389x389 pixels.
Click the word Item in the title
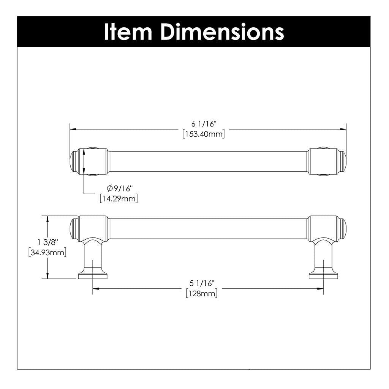coord(128,32)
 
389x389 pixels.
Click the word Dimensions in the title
coord(222,32)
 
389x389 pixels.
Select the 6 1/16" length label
coord(204,124)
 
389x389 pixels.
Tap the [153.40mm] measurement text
coord(204,134)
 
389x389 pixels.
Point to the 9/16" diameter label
coord(122,188)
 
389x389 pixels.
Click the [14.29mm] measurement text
coord(119,198)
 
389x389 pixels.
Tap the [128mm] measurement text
coord(202,294)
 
